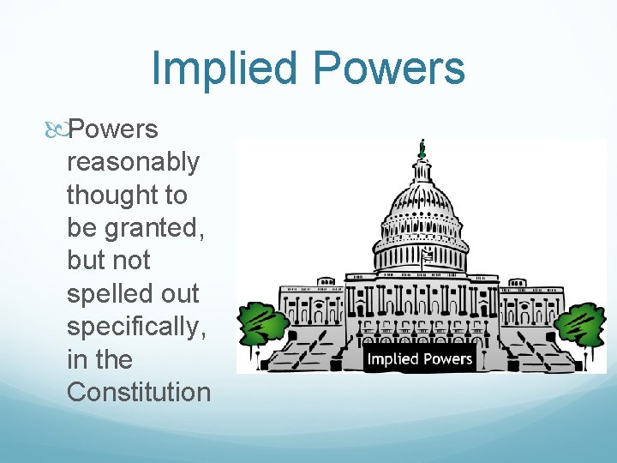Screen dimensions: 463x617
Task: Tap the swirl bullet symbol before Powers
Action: [58, 129]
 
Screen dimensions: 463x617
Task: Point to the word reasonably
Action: [133, 162]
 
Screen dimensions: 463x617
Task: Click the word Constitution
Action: [138, 392]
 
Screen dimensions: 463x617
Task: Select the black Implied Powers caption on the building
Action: [420, 358]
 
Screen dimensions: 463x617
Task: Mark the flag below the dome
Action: [427, 255]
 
